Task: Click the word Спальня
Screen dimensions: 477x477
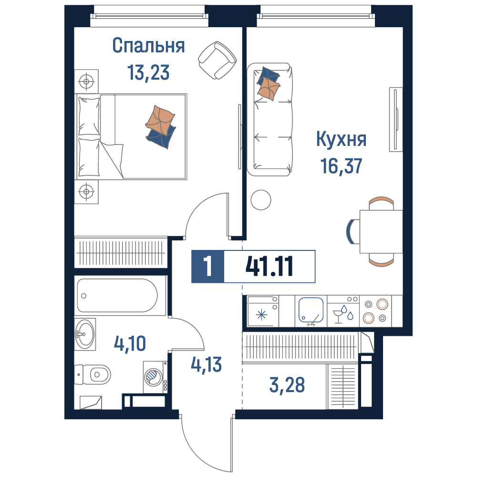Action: [x=148, y=46]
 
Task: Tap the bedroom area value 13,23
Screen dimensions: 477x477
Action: [x=148, y=73]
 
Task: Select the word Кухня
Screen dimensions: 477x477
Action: [x=341, y=140]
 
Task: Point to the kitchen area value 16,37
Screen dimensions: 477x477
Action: [x=342, y=166]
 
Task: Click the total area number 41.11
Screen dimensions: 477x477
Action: [x=269, y=267]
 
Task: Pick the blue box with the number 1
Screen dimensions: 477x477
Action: [x=208, y=267]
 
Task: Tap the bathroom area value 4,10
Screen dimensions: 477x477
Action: [x=130, y=343]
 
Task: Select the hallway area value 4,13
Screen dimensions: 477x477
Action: [x=206, y=364]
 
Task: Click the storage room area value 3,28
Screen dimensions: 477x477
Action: [x=287, y=384]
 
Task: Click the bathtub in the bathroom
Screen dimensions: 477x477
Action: [x=117, y=296]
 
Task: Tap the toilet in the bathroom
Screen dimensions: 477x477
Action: [x=93, y=374]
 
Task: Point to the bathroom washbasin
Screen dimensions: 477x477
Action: [x=85, y=334]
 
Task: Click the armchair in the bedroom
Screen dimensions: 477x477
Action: [x=217, y=60]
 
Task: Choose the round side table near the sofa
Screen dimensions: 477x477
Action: [x=261, y=200]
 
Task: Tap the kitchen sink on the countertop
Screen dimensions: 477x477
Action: [x=311, y=310]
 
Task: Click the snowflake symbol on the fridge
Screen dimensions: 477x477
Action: [x=261, y=315]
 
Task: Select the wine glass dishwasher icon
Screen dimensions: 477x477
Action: [x=337, y=316]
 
